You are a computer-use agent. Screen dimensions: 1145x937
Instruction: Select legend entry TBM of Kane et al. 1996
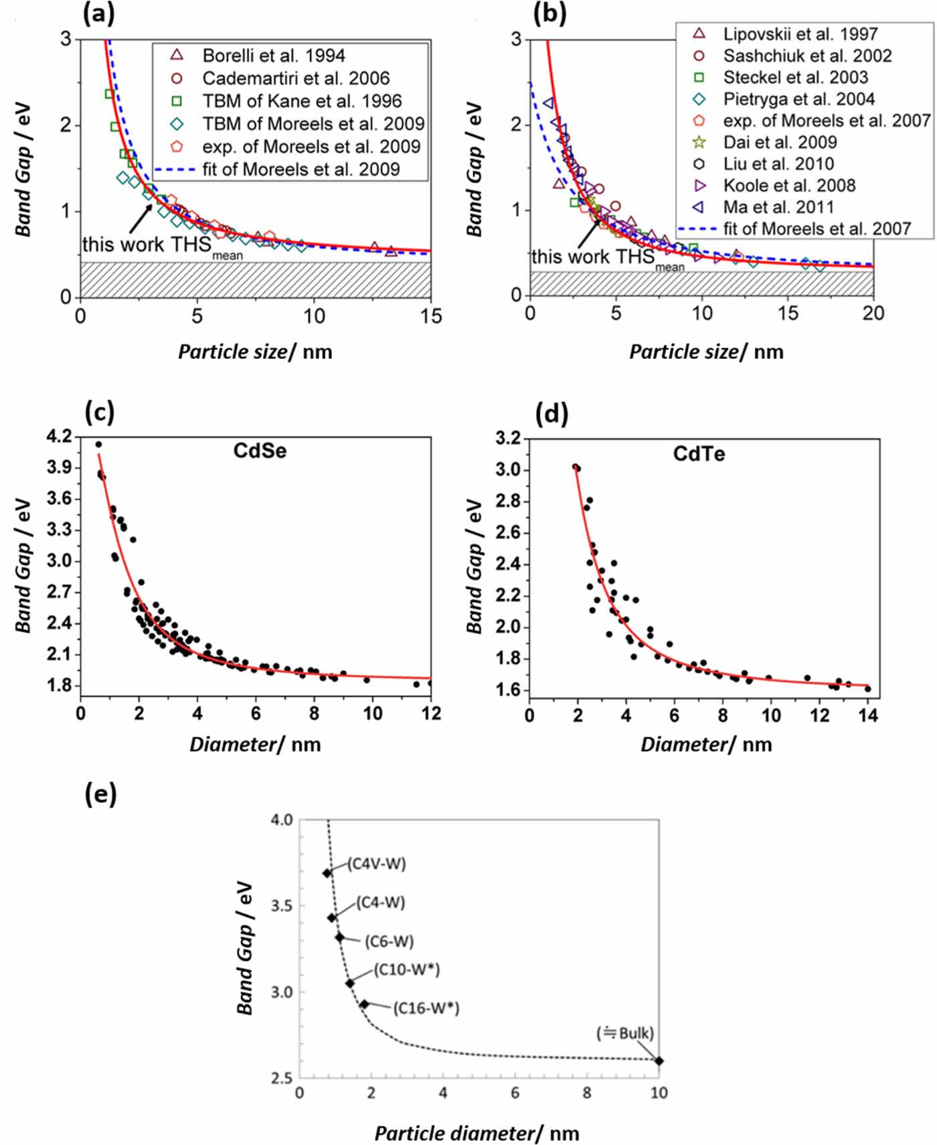302,100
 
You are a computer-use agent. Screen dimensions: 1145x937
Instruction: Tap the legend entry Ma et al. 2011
778,207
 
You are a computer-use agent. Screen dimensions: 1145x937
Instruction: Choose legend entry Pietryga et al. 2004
798,99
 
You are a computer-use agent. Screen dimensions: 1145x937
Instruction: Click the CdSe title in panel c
260,451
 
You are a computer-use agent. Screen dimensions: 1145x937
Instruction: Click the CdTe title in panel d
699,454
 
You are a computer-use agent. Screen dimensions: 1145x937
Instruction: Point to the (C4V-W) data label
376,864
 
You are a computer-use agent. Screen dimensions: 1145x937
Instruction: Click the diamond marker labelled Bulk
659,1061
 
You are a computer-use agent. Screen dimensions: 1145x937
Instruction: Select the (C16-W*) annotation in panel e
426,1008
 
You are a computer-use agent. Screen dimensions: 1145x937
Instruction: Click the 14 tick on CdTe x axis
867,715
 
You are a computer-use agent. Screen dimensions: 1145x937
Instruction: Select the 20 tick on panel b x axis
873,313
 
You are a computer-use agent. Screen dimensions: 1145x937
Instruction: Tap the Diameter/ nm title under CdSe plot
255,744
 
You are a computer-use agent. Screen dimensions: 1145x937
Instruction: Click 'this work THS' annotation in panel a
147,245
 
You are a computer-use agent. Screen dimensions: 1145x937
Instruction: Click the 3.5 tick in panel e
282,906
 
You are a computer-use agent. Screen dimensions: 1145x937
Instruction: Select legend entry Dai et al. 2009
780,142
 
